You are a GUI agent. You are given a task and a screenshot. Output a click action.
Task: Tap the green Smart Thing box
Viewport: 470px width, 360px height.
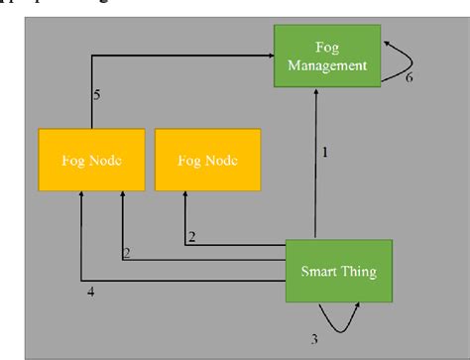[x=339, y=270]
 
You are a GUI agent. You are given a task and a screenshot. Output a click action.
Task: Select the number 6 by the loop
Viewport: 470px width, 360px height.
[x=409, y=77]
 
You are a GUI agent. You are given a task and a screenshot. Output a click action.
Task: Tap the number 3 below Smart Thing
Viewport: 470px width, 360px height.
[x=314, y=338]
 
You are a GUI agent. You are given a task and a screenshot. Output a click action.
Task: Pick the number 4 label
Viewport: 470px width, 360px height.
[x=91, y=293]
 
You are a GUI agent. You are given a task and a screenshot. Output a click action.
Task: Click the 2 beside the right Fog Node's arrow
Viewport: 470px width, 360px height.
[x=192, y=235]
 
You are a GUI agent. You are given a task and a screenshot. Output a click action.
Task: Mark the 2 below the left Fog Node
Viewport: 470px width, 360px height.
[x=127, y=252]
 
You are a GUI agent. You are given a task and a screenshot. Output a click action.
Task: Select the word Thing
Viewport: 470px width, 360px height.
[x=359, y=270]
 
